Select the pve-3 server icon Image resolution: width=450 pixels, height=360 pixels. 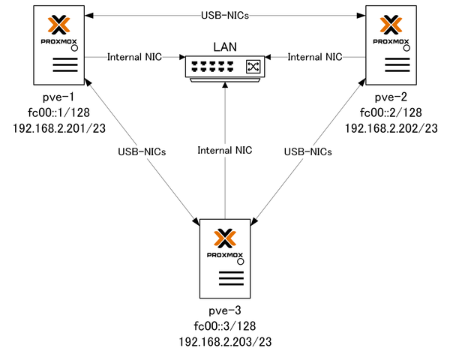(225, 259)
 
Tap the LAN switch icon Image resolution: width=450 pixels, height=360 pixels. (225, 67)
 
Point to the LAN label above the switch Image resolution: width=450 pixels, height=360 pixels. (225, 47)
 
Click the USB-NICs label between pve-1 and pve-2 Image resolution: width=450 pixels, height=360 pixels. (225, 15)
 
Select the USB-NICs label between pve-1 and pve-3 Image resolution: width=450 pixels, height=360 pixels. (142, 151)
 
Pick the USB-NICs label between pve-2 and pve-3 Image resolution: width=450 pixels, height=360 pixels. (308, 151)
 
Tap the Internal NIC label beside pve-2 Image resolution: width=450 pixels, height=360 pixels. (315, 56)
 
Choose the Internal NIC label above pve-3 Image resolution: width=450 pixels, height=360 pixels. (225, 151)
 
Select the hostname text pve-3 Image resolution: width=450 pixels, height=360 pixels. (225, 310)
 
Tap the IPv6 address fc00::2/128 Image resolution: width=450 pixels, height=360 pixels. (391, 113)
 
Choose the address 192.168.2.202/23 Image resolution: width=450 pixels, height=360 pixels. (391, 128)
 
